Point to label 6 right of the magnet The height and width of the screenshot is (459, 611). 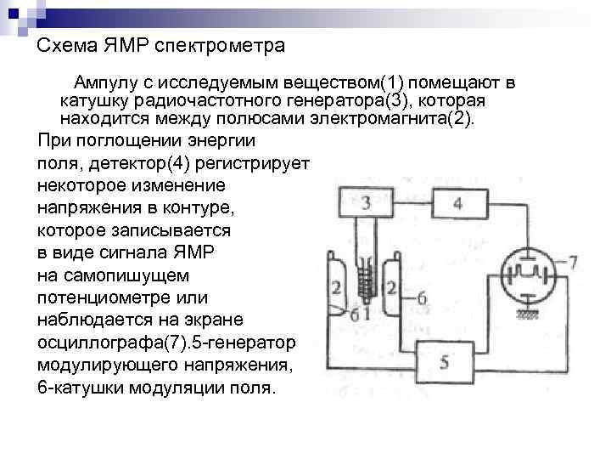pos(422,297)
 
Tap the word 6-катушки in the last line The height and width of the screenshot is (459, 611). pos(77,388)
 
